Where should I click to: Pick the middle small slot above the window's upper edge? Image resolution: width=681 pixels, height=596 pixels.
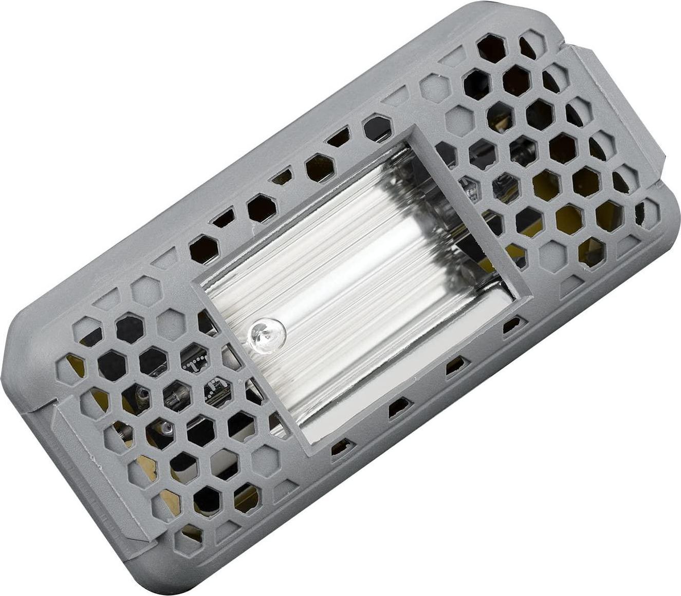click(282, 177)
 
